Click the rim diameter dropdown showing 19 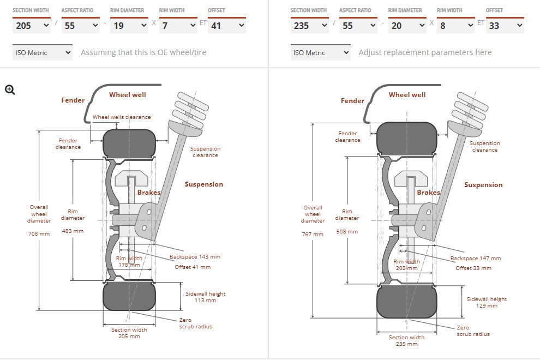coord(129,25)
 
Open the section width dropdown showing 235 coord(309,25)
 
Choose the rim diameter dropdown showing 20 coord(407,25)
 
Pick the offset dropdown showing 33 coord(505,25)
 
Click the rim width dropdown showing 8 coord(455,25)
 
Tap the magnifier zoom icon coord(10,90)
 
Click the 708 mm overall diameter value coord(39,233)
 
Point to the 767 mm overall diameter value coord(313,234)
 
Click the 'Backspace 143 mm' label coord(195,256)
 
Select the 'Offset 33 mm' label coord(473,268)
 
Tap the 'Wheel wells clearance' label coord(122,117)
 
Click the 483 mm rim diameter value coord(73,231)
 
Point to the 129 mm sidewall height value coord(487,305)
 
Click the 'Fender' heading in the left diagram coord(73,100)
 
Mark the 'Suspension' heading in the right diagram coord(483,185)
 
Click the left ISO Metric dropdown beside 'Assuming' coord(42,52)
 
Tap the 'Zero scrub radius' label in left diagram coord(195,323)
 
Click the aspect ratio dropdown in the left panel coord(80,25)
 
